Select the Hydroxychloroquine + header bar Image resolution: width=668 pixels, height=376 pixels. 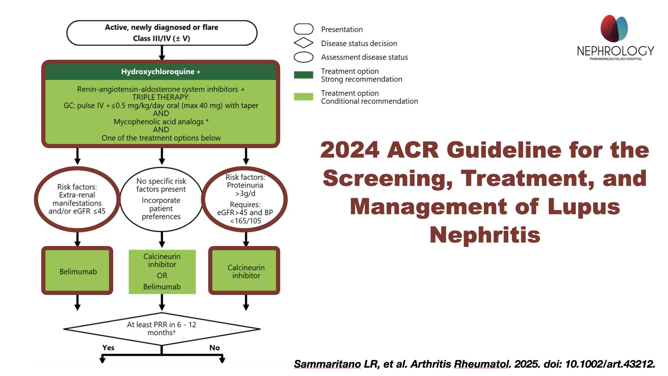tap(161, 72)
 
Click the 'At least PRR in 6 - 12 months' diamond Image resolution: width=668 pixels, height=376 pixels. tap(162, 329)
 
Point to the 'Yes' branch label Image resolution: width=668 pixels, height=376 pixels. tap(108, 348)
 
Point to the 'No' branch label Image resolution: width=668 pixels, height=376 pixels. tap(215, 348)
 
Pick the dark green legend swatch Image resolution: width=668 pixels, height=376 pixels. tap(303, 75)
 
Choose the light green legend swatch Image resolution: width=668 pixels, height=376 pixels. tap(303, 97)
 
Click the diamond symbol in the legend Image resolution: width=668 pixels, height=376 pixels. tap(303, 43)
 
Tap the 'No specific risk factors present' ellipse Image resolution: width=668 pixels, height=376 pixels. tap(161, 198)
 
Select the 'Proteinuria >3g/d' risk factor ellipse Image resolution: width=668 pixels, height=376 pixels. tap(245, 199)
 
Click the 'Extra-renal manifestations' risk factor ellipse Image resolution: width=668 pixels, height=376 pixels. tap(77, 199)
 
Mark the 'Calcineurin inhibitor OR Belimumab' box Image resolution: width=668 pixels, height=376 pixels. tap(162, 272)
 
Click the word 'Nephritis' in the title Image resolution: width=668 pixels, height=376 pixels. tap(485, 234)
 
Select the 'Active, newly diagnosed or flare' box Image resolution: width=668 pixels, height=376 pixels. tap(162, 33)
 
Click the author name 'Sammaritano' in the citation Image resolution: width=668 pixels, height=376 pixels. tap(327, 364)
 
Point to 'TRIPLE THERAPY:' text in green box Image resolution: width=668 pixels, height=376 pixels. tap(161, 97)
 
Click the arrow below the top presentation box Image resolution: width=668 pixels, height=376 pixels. tap(162, 53)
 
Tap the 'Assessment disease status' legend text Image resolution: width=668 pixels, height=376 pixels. tap(364, 57)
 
